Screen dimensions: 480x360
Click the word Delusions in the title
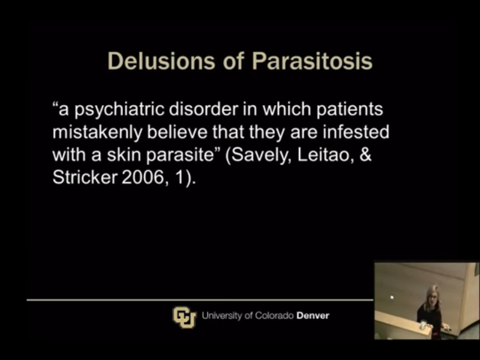(x=161, y=61)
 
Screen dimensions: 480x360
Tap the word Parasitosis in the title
(x=312, y=61)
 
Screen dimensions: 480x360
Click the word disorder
(x=203, y=109)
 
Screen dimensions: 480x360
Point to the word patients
(x=349, y=110)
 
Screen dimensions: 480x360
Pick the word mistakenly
(x=97, y=133)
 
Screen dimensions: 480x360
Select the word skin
(x=124, y=155)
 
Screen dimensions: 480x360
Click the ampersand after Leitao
(x=365, y=155)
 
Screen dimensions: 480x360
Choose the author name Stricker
(x=85, y=178)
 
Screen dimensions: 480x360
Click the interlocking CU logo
(x=184, y=317)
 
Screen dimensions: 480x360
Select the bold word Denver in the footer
(x=313, y=316)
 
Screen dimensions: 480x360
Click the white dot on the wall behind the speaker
(x=391, y=297)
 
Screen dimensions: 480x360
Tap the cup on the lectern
(x=423, y=325)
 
